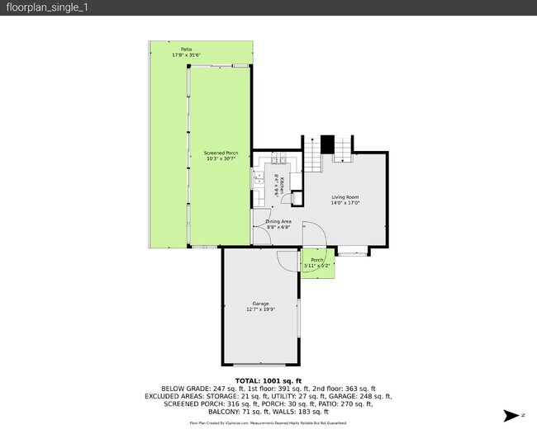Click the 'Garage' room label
(x=261, y=304)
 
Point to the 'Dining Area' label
(x=278, y=221)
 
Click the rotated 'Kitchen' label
(x=283, y=186)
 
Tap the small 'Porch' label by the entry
(x=317, y=260)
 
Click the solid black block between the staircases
(x=327, y=144)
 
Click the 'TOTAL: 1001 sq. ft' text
(x=268, y=380)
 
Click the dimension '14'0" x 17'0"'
(x=345, y=201)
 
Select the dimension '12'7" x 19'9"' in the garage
(x=261, y=309)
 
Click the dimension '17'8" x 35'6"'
(x=187, y=55)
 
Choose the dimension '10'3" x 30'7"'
(x=221, y=158)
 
